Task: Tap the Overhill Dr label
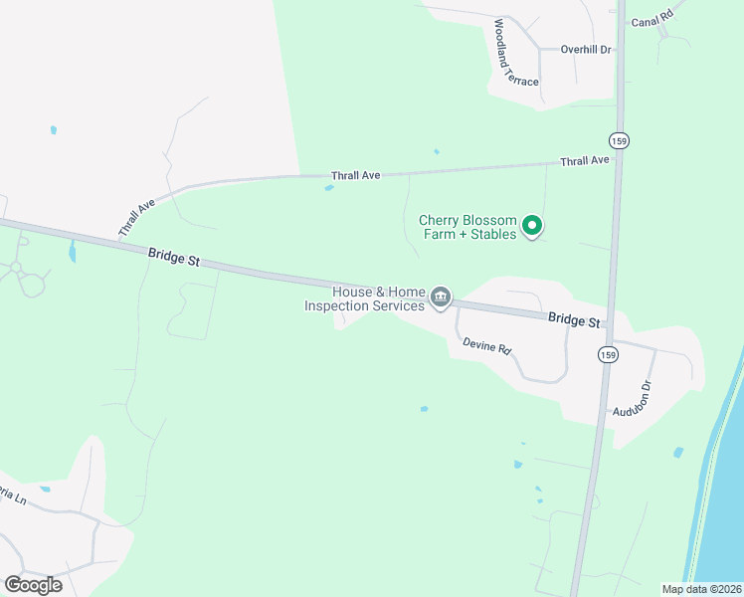click(585, 49)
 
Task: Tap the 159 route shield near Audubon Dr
click(606, 354)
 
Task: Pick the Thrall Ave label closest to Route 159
click(584, 160)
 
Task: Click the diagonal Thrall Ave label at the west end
click(137, 218)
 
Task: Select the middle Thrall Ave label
click(356, 175)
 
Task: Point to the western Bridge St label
click(174, 257)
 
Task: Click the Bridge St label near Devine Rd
click(574, 320)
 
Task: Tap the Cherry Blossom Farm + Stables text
click(467, 227)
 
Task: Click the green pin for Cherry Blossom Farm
click(532, 227)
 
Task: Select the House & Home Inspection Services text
click(364, 298)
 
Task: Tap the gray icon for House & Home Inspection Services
click(440, 297)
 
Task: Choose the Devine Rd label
click(486, 347)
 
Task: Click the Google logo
click(33, 584)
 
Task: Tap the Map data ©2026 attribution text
click(701, 589)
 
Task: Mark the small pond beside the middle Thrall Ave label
click(328, 187)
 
